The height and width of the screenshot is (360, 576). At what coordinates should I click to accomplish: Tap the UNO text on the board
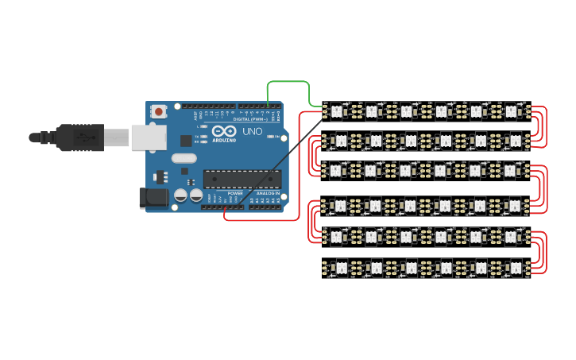click(252, 131)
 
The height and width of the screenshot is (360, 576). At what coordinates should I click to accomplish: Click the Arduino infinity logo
click(224, 131)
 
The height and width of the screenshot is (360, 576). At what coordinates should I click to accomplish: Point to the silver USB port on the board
click(149, 137)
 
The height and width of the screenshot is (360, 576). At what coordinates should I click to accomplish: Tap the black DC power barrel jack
click(156, 199)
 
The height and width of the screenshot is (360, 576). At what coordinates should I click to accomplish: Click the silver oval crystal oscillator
click(184, 157)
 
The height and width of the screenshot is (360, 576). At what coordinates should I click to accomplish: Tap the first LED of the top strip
click(336, 111)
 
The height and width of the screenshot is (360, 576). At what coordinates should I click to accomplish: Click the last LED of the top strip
click(512, 111)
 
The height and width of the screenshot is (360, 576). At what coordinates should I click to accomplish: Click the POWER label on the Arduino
click(235, 193)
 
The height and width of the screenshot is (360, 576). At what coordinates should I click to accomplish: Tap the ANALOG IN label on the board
click(266, 193)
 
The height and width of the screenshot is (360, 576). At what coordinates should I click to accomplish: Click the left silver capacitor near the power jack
click(181, 195)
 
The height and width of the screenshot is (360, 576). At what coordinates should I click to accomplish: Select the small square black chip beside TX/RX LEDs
click(186, 141)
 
